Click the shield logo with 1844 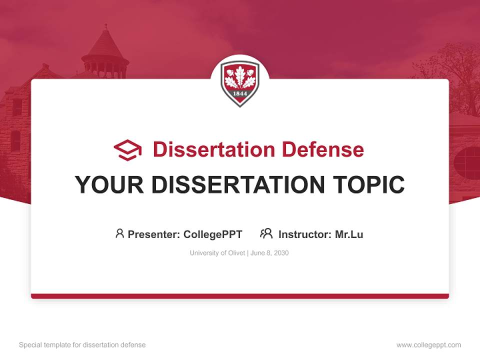240,83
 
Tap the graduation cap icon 127,150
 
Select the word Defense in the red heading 322,149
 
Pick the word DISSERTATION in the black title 237,185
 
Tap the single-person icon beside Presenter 119,233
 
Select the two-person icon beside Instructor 266,233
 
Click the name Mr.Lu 349,234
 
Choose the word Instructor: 305,234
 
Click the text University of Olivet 217,253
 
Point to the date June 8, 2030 269,253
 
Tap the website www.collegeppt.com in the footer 428,345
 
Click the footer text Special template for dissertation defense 82,345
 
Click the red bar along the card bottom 240,296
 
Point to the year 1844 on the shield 240,94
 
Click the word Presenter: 154,234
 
